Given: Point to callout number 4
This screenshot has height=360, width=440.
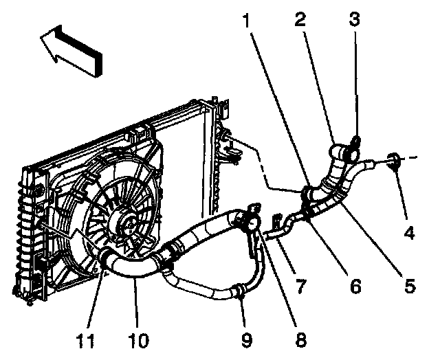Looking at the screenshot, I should (410, 233).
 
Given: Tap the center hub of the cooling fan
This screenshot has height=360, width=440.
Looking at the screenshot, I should (129, 221).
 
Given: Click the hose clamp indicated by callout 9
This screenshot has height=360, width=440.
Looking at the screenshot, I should (238, 291).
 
